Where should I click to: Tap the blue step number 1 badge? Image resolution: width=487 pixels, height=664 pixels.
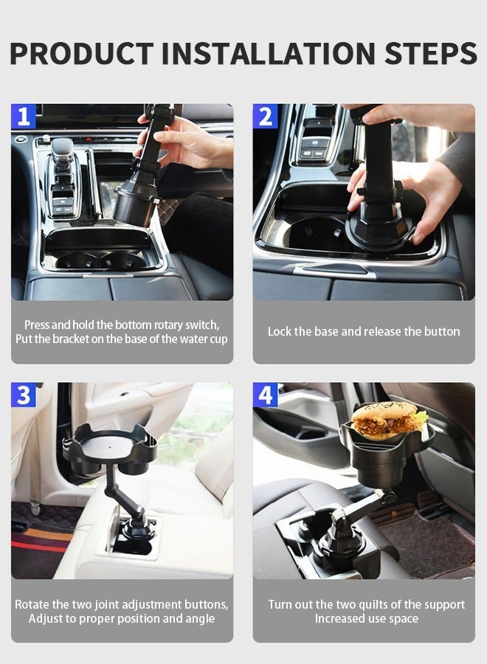coord(23,116)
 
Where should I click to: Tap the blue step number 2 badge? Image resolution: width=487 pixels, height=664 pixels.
coord(265,116)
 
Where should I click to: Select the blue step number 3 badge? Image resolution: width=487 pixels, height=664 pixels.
coord(23,395)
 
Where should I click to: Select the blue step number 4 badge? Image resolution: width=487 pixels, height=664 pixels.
coord(265,395)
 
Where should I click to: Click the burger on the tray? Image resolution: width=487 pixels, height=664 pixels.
coord(388,420)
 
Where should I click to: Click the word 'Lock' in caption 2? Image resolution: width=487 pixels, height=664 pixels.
coord(280,332)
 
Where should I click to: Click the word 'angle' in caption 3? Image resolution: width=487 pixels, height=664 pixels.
coord(198,619)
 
